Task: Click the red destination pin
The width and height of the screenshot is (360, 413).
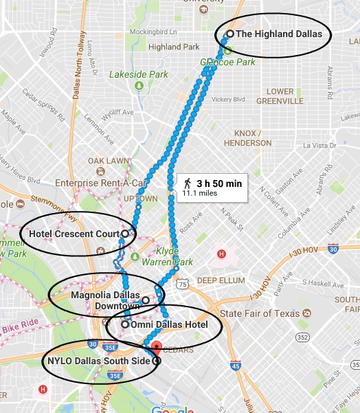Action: (x=157, y=348)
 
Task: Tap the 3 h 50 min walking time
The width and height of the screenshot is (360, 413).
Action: (x=219, y=183)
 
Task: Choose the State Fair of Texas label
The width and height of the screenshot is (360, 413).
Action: (x=260, y=313)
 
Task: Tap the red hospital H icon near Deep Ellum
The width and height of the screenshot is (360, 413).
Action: (x=221, y=254)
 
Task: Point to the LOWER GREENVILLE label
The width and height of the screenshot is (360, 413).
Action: (x=279, y=96)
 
